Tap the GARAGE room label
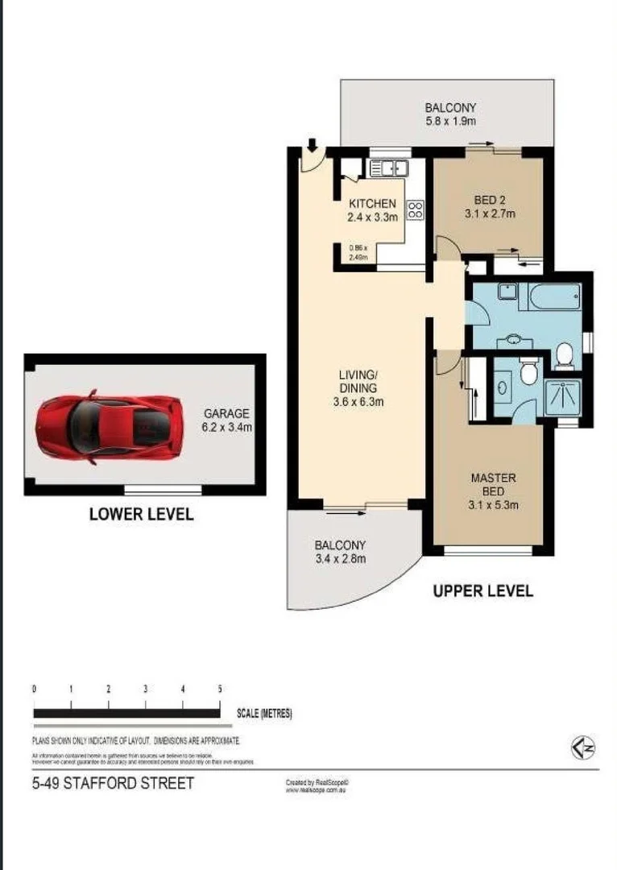pos(227,413)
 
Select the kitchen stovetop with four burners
pos(416,211)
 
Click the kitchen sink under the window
pos(387,168)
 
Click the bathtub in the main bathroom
pos(554,296)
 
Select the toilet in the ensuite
pos(529,371)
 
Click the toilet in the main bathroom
pos(565,352)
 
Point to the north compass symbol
pos(583,748)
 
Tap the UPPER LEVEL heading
pos(482,591)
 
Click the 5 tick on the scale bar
pos(220,690)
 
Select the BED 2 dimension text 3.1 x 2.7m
pos(489,214)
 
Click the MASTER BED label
pos(493,484)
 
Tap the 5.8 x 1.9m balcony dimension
pos(450,122)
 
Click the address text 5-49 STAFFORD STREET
pos(113,783)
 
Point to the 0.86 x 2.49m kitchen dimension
pos(358,253)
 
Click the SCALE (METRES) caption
pos(264,714)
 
